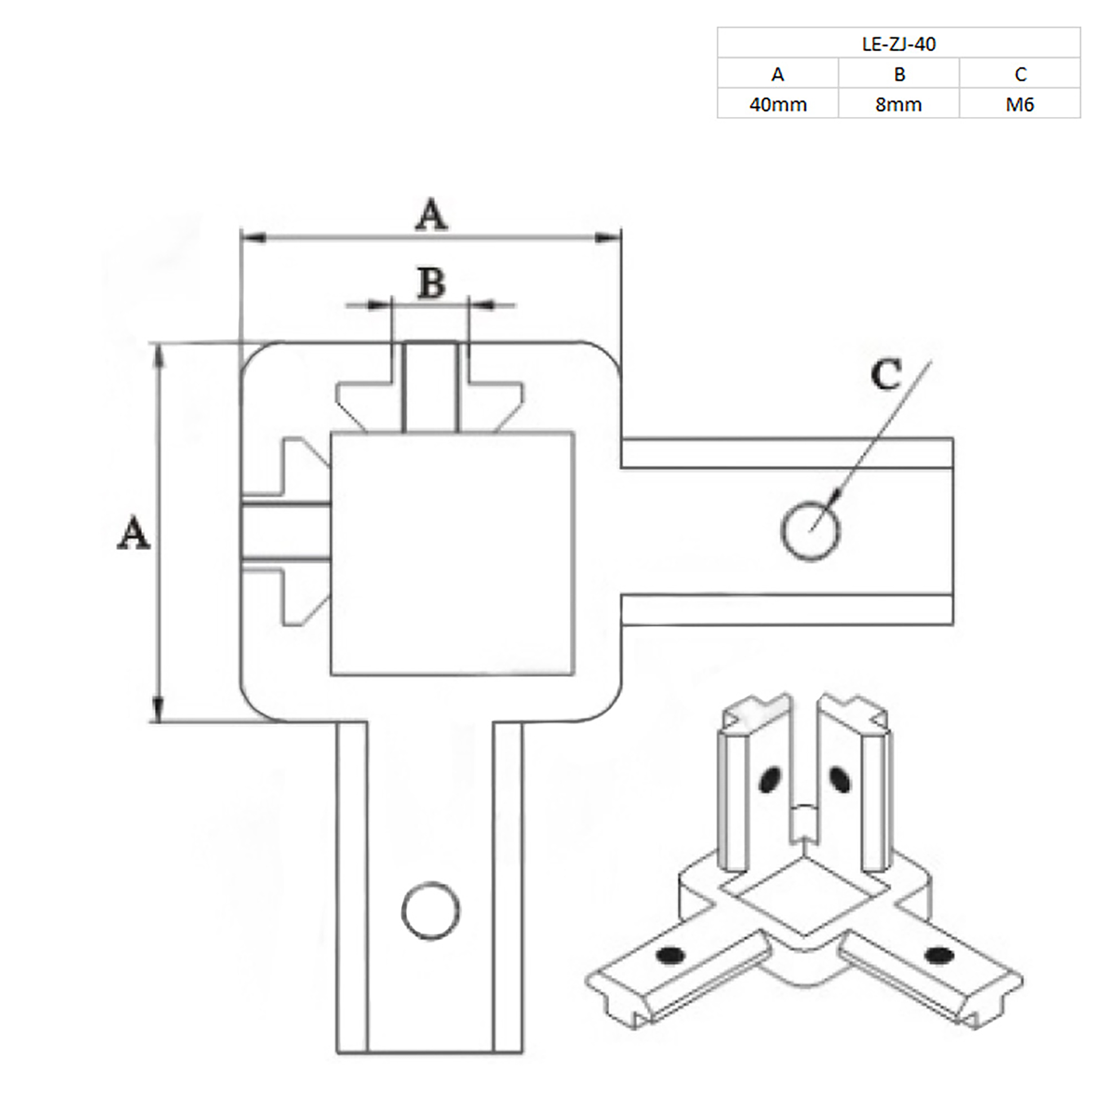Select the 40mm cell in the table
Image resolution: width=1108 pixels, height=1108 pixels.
(778, 105)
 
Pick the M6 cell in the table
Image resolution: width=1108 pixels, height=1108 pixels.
(1020, 105)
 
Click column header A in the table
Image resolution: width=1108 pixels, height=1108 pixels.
(778, 74)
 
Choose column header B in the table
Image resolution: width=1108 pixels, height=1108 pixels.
(899, 74)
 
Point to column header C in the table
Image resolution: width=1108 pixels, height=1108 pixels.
(1020, 74)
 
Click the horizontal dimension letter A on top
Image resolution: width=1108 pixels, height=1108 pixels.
(431, 215)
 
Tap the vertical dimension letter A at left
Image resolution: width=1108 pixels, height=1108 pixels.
(134, 533)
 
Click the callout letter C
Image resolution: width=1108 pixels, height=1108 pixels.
(886, 376)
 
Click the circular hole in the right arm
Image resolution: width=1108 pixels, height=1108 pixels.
(810, 530)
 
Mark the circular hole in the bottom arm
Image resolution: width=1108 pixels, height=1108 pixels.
(431, 911)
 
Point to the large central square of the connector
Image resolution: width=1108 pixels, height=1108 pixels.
(453, 554)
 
